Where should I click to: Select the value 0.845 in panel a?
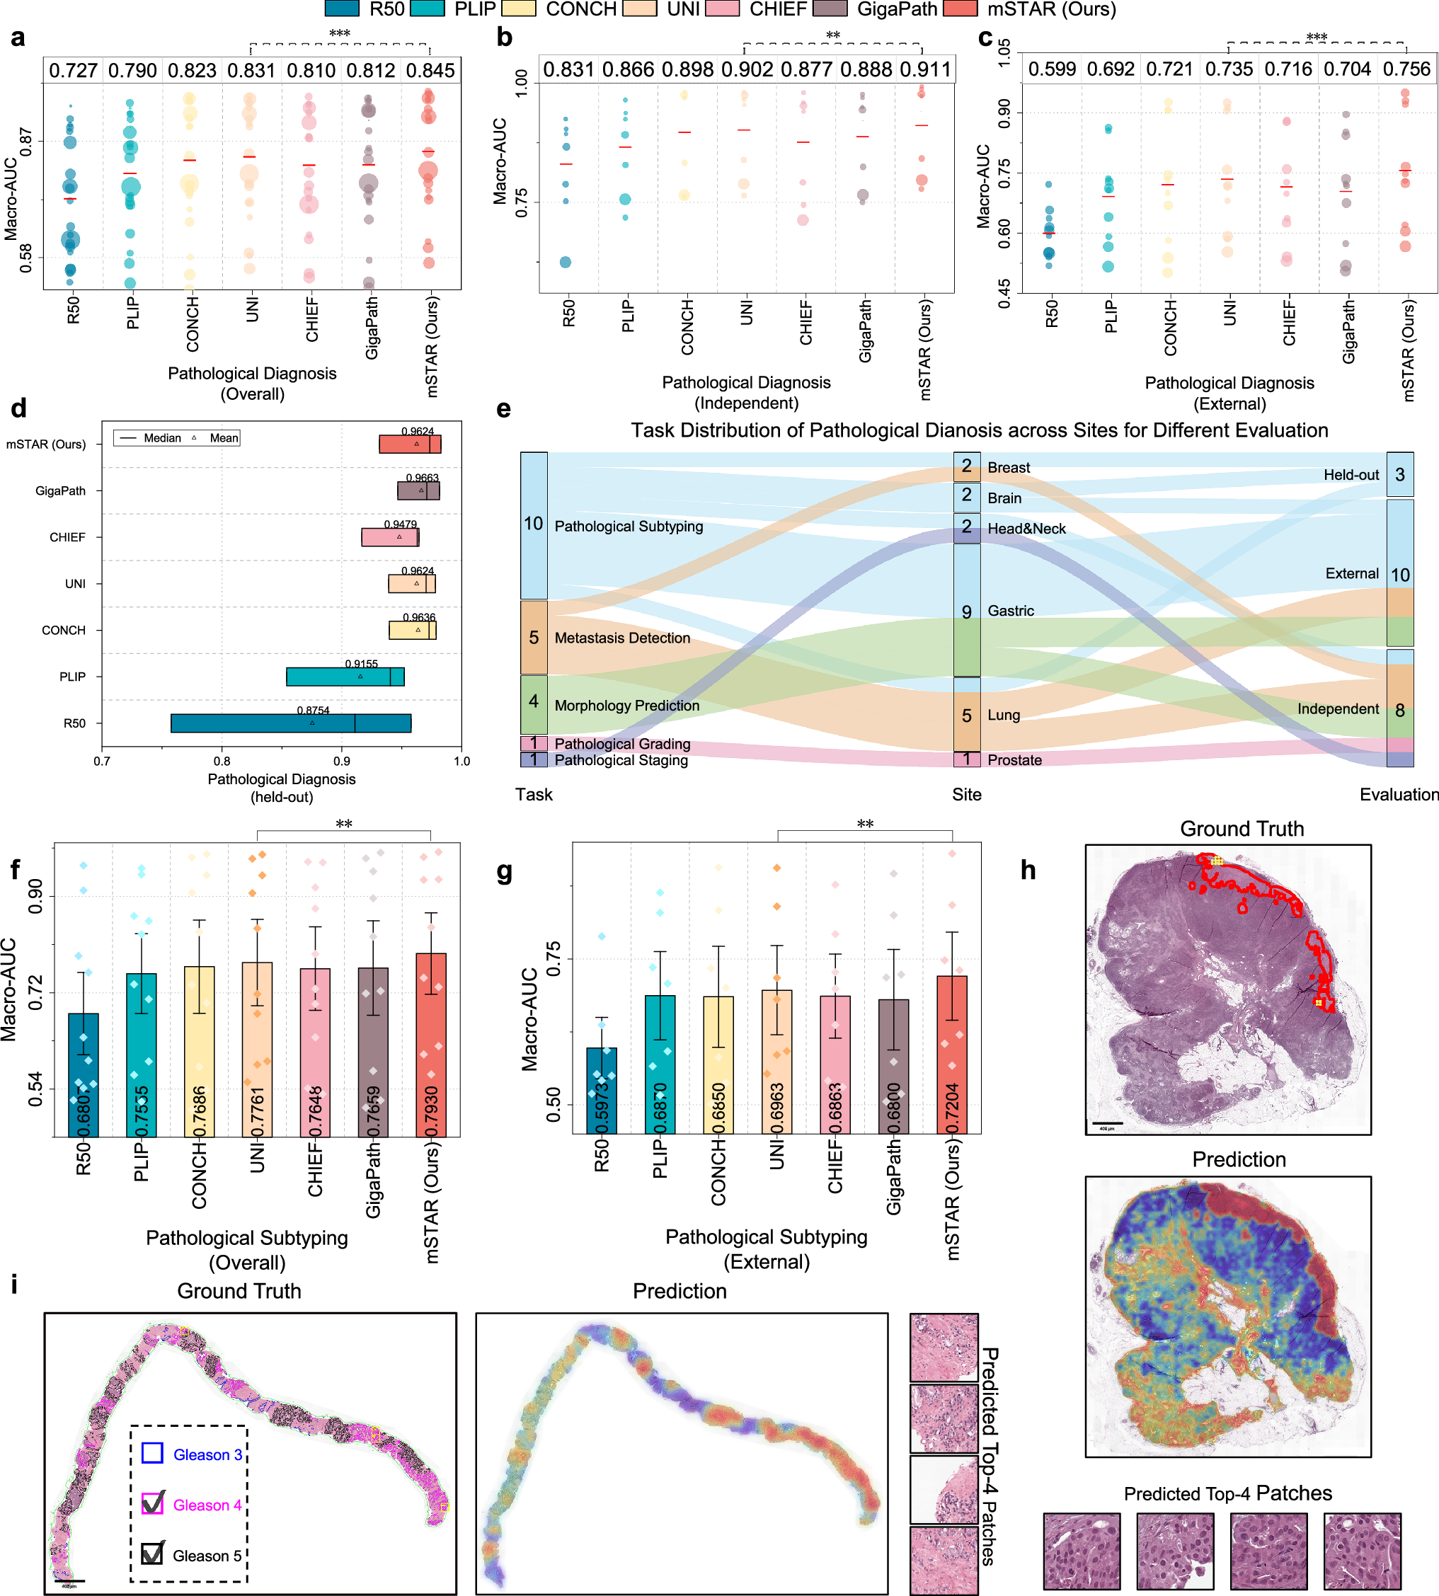430,70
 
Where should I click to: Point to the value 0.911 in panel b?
925,69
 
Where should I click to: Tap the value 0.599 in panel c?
1052,69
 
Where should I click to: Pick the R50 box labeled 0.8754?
290,723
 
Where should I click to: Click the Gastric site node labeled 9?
966,610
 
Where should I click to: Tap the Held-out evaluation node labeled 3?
1399,474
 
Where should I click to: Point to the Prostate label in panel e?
1014,759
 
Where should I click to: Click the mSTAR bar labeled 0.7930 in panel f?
431,1043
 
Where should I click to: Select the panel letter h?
1028,870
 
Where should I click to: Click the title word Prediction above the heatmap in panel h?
1238,1159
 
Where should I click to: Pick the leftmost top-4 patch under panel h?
1081,1551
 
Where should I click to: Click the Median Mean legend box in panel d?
176,438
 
